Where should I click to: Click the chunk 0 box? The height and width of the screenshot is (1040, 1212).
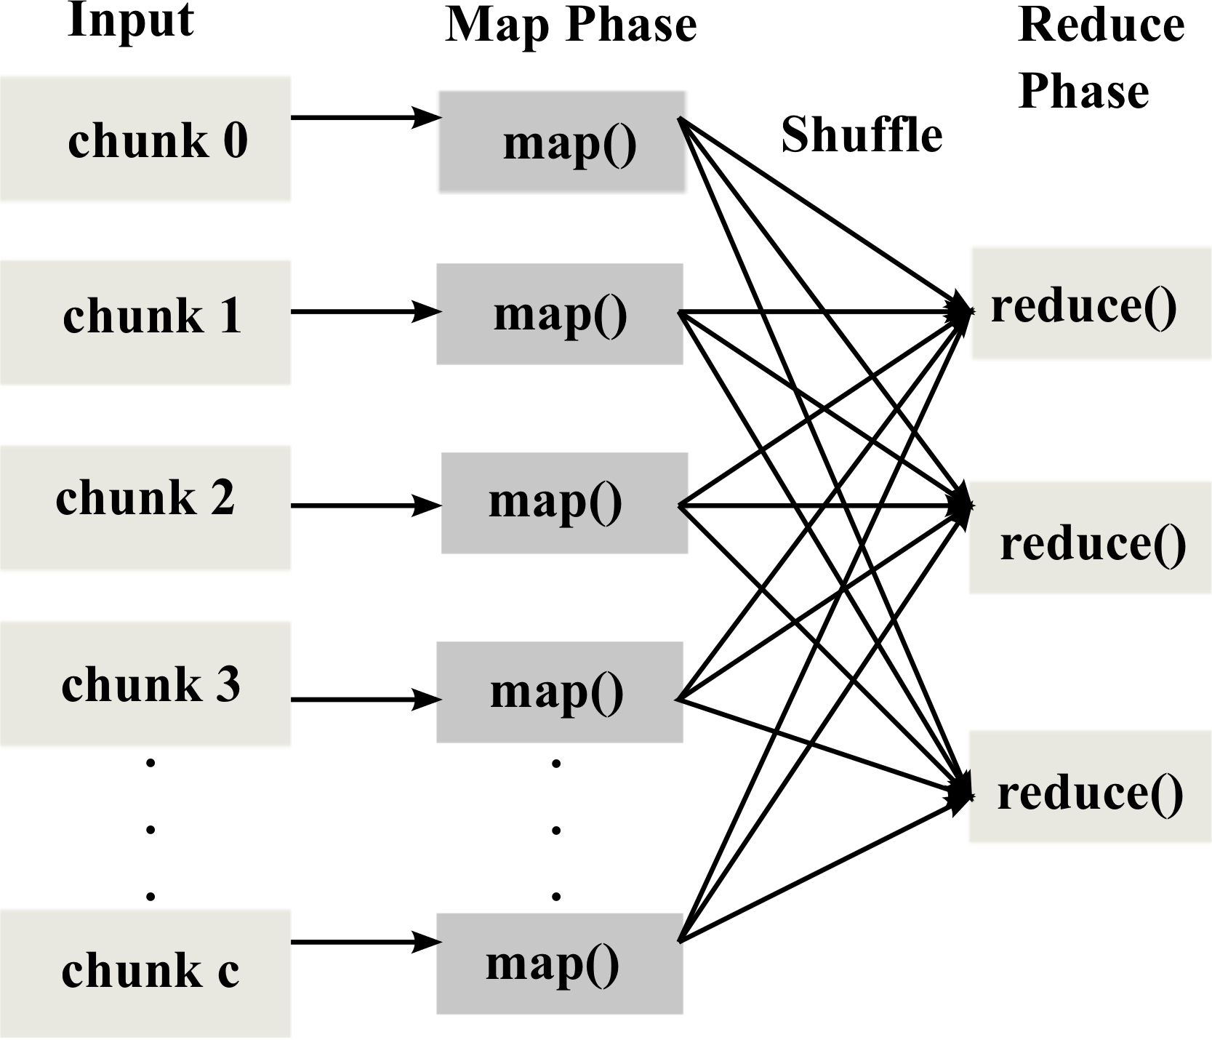[x=145, y=138]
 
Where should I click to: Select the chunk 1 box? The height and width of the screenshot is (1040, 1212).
[x=145, y=322]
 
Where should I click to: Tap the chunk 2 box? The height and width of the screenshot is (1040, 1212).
[x=145, y=507]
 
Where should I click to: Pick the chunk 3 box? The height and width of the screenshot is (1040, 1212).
[x=145, y=683]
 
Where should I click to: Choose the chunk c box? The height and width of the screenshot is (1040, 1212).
[x=145, y=972]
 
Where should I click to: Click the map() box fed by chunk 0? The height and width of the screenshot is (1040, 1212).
[x=561, y=142]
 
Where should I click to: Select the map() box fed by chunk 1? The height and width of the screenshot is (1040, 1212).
[x=559, y=314]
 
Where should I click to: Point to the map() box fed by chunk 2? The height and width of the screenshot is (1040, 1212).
[x=564, y=503]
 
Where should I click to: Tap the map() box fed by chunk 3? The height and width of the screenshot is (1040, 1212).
[x=559, y=692]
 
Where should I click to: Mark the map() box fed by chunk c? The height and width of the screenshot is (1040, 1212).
[x=559, y=964]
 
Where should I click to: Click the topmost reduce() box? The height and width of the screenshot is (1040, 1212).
[x=1091, y=303]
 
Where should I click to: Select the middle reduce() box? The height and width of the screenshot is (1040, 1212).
[x=1091, y=537]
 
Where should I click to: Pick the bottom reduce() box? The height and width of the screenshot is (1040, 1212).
[x=1091, y=787]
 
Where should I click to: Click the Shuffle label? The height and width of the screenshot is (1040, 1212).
[x=862, y=135]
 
